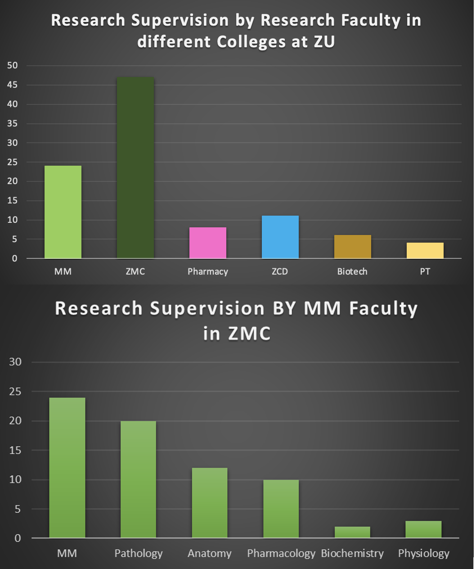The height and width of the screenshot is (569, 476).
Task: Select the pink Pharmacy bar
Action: (x=207, y=243)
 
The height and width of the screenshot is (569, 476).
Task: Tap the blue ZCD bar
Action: (x=280, y=237)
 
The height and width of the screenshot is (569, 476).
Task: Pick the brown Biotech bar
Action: (x=352, y=247)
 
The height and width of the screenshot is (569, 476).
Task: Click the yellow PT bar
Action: (x=425, y=251)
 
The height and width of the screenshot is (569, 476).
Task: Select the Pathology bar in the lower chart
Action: (x=138, y=479)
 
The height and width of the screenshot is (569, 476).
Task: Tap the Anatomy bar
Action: (x=210, y=503)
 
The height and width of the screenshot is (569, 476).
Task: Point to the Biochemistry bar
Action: (x=352, y=532)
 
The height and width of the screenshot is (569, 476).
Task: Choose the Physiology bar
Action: (x=423, y=529)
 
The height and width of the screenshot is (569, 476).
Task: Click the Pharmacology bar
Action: (x=281, y=509)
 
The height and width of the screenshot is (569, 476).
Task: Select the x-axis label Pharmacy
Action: (x=207, y=271)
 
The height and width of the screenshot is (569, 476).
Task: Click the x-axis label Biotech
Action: (x=352, y=271)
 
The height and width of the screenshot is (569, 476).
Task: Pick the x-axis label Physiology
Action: (x=423, y=553)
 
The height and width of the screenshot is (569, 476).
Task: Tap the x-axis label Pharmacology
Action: (x=281, y=553)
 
